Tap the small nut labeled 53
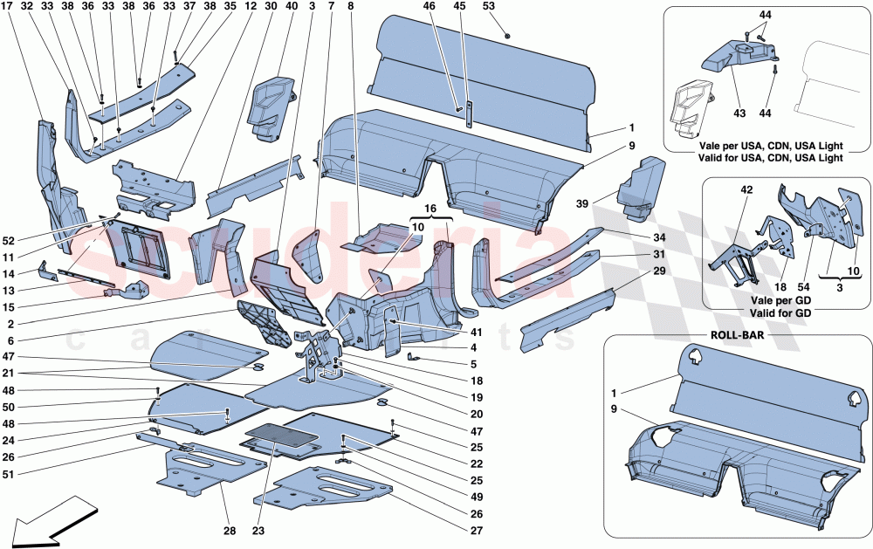click(x=508, y=35)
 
